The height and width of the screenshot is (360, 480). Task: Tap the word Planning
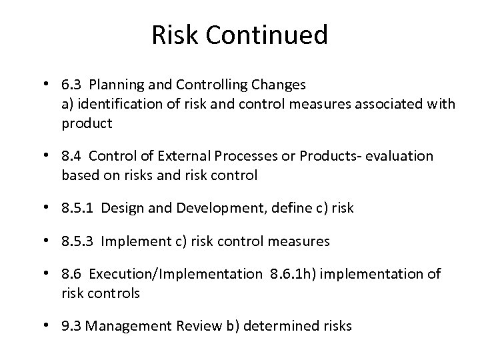[115, 85]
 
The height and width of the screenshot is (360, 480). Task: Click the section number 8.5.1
[75, 208]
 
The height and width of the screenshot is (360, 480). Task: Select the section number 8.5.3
[75, 241]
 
